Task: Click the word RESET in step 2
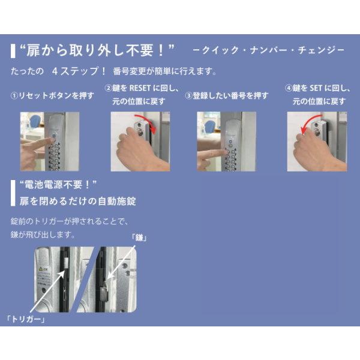(140, 88)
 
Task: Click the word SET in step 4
(316, 88)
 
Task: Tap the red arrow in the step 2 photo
(147, 121)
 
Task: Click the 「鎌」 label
(139, 238)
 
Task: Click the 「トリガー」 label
(25, 319)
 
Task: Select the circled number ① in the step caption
(14, 96)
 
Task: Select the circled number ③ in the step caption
(188, 96)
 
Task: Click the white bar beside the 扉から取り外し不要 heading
(13, 51)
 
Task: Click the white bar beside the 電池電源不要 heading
(13, 193)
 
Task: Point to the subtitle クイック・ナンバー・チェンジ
(269, 50)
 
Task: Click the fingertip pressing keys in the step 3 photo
(223, 152)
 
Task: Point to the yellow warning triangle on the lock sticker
(41, 268)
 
